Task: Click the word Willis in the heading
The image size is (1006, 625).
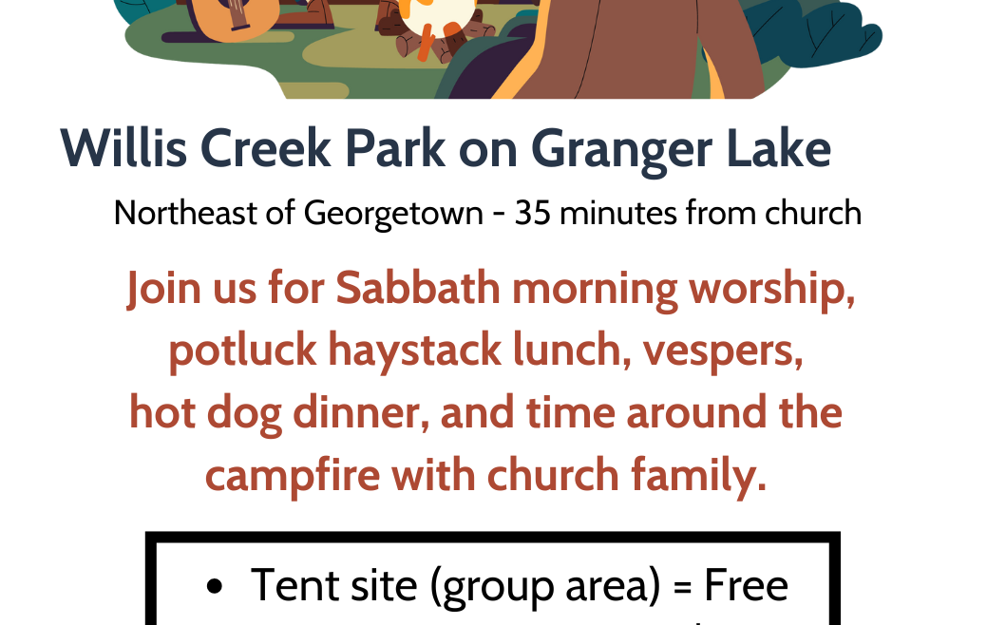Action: point(123,148)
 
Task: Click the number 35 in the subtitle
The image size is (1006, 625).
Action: point(533,213)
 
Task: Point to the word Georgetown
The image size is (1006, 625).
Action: point(393,215)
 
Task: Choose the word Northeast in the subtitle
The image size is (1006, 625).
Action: point(185,213)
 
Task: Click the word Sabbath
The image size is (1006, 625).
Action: point(418,288)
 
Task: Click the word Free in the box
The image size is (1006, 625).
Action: point(746,585)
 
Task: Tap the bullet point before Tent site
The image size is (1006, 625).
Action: point(215,586)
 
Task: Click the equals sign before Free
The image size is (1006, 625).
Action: point(683,587)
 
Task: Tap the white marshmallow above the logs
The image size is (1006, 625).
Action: point(436,14)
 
